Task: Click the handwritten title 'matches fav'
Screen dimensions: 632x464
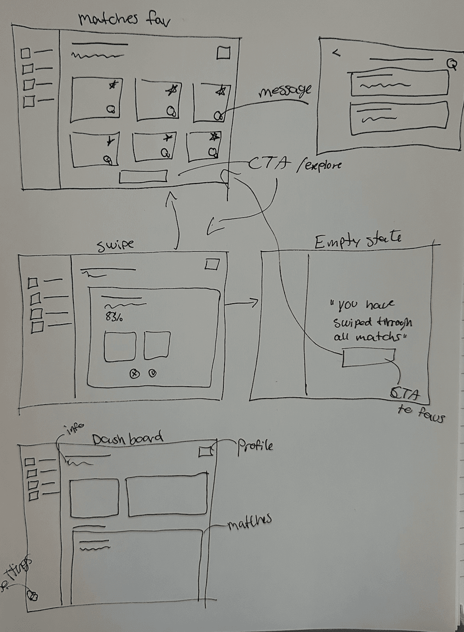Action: (x=124, y=19)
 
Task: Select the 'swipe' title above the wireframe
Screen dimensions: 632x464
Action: (x=115, y=245)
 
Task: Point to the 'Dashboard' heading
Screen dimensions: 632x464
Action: (x=127, y=439)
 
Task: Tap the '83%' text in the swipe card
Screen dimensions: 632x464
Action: (x=114, y=317)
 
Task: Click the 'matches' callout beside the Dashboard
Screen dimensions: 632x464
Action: (x=250, y=522)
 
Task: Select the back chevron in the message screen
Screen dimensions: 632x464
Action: (x=336, y=53)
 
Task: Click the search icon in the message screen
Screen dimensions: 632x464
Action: (x=452, y=64)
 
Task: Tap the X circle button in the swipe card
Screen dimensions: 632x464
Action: (x=135, y=373)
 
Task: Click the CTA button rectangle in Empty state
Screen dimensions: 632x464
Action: (x=368, y=357)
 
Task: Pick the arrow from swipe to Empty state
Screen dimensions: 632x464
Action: (x=242, y=304)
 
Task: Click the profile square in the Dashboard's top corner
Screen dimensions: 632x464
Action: (x=205, y=451)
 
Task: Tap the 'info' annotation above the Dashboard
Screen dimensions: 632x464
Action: (x=75, y=429)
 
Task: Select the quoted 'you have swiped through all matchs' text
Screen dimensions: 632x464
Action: (x=372, y=321)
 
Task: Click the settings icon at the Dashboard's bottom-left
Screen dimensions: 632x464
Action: (x=32, y=595)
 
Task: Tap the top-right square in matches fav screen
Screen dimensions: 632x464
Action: (x=223, y=53)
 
